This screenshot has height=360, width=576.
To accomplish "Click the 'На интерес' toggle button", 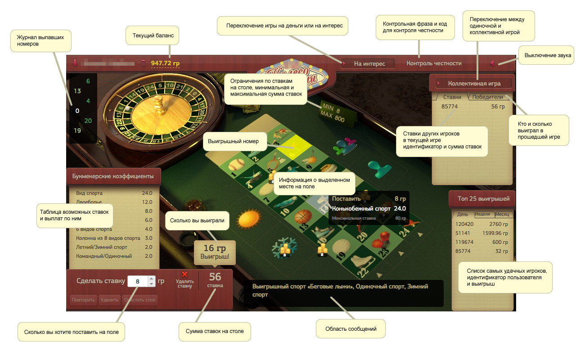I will tap(368, 64).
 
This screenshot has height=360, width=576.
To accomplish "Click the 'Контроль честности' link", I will tap(434, 63).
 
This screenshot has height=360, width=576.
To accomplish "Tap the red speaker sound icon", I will tap(492, 63).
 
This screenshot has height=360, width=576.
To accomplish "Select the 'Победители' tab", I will tap(487, 97).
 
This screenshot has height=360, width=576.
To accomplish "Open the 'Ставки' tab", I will tap(452, 97).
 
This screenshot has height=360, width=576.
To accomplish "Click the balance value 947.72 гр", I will tap(165, 63).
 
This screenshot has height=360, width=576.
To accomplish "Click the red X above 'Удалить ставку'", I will tap(184, 274).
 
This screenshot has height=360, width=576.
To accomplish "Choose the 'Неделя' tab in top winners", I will tap(482, 214).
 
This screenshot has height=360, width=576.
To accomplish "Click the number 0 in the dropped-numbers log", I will tap(77, 111).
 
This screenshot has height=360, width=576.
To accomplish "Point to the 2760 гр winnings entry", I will tap(498, 224).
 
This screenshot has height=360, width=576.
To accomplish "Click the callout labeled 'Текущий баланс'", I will tap(153, 35).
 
